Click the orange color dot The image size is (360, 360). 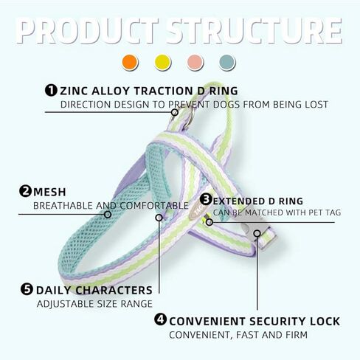pos(130,62)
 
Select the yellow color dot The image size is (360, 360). pos(162,62)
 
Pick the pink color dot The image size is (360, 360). pos(195,62)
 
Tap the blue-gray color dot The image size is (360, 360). pos(227,62)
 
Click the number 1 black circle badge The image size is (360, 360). pos(51,90)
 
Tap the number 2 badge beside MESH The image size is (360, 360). pos(25,191)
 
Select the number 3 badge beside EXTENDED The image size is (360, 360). pos(206,199)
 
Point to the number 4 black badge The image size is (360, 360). pos(160,319)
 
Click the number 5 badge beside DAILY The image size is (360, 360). pos(27,289)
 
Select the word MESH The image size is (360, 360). pos(49,192)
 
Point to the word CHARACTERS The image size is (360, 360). pos(114,290)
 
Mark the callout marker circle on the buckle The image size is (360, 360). pos(257,233)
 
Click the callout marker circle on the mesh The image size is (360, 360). pos(108,215)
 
